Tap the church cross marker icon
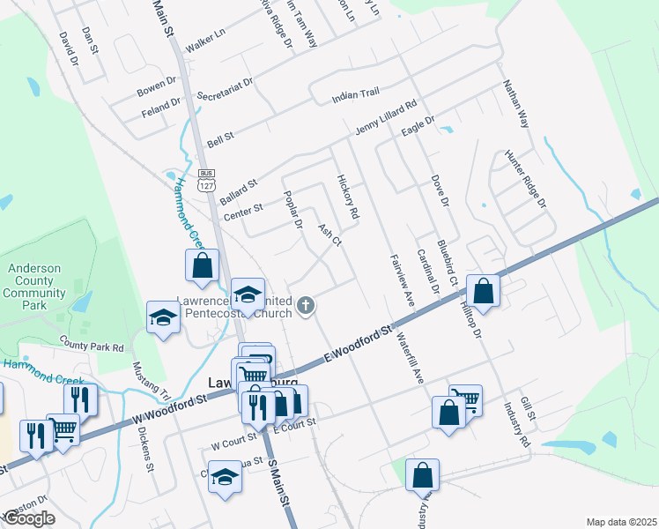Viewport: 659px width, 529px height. (x=306, y=306)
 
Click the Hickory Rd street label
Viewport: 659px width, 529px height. (x=348, y=197)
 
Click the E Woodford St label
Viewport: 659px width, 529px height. (x=356, y=345)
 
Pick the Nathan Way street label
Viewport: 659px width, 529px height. (x=515, y=104)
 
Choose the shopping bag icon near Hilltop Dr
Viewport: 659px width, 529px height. (x=483, y=290)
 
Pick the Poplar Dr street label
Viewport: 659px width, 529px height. (x=292, y=212)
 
